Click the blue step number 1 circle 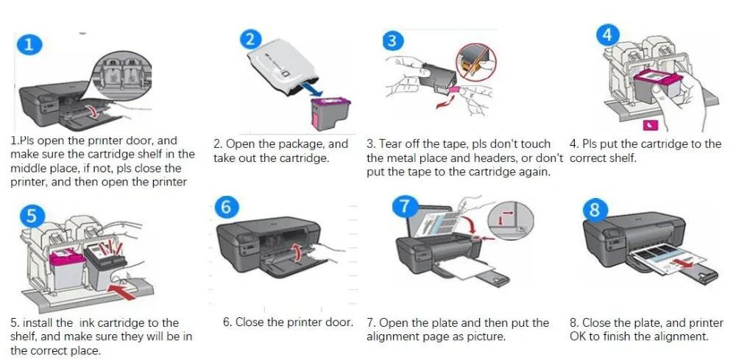point(28,45)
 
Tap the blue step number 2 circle point(252,38)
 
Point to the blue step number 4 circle point(606,33)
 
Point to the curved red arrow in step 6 point(297,254)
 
